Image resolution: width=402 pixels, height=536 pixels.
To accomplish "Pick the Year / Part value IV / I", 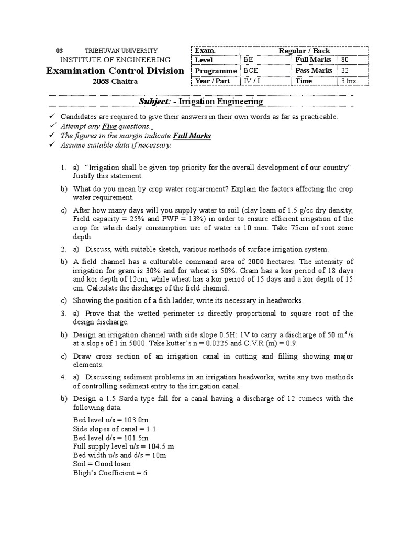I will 252,81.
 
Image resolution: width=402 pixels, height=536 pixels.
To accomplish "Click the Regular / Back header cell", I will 304,50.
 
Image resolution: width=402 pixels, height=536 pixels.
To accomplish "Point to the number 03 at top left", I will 60,50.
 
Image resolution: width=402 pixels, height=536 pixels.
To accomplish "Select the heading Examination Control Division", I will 115,71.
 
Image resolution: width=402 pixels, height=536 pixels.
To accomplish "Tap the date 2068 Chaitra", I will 115,81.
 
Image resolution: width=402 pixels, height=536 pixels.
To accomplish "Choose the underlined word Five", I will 109,126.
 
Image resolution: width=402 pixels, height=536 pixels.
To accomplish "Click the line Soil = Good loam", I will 102,464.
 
